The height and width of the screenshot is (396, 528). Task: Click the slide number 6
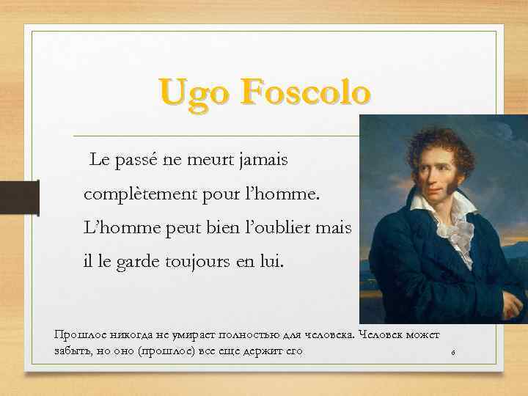(x=453, y=353)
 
